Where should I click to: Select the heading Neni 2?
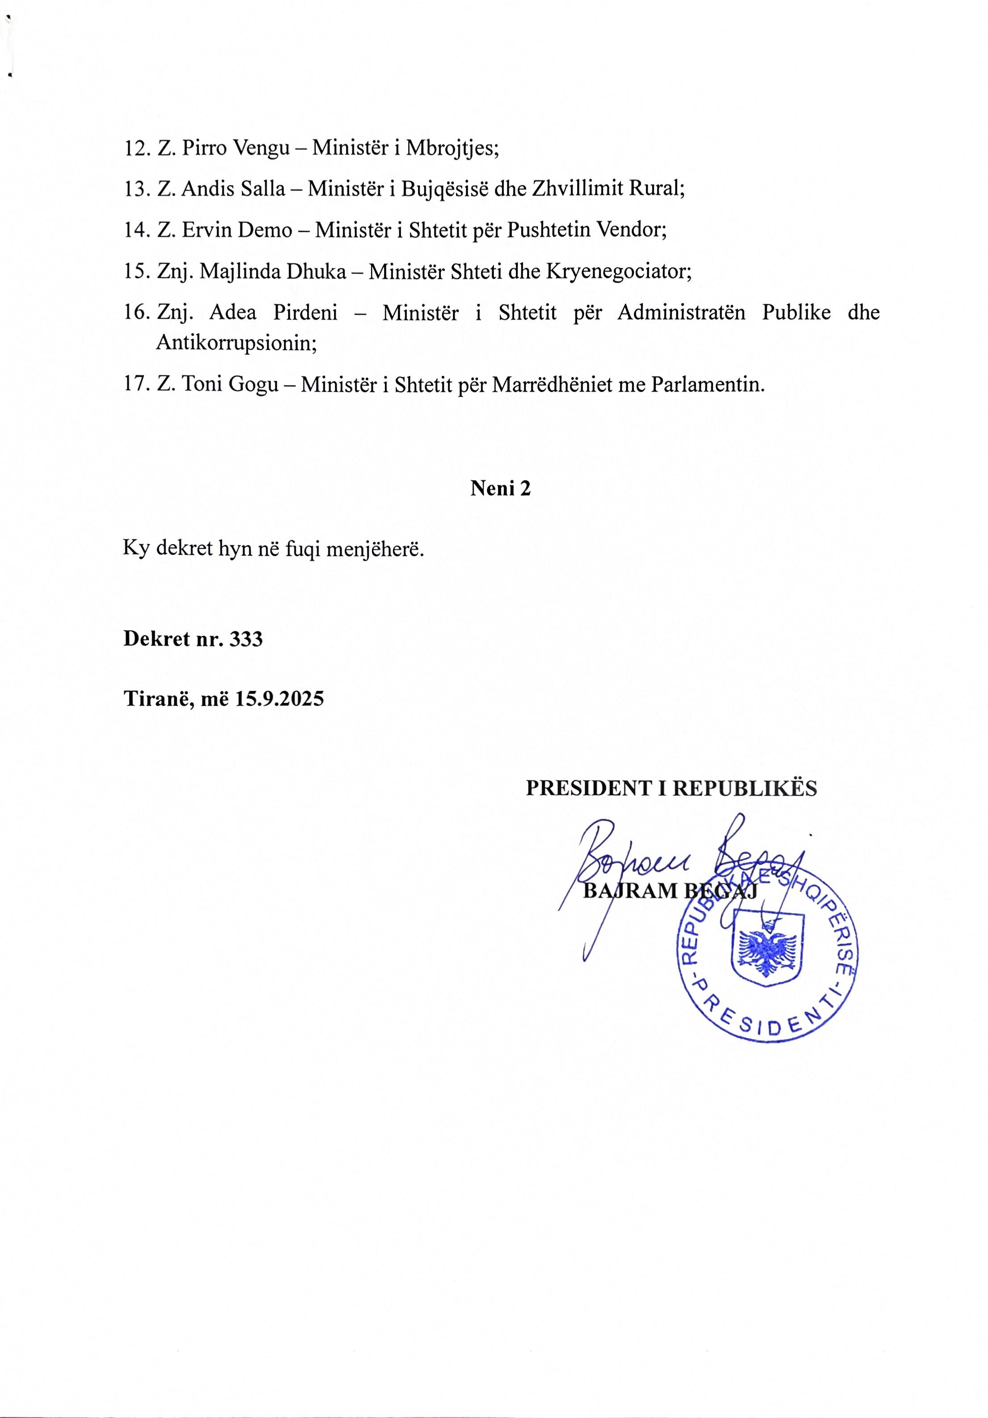[x=500, y=489]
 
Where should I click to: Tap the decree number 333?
[x=245, y=639]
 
